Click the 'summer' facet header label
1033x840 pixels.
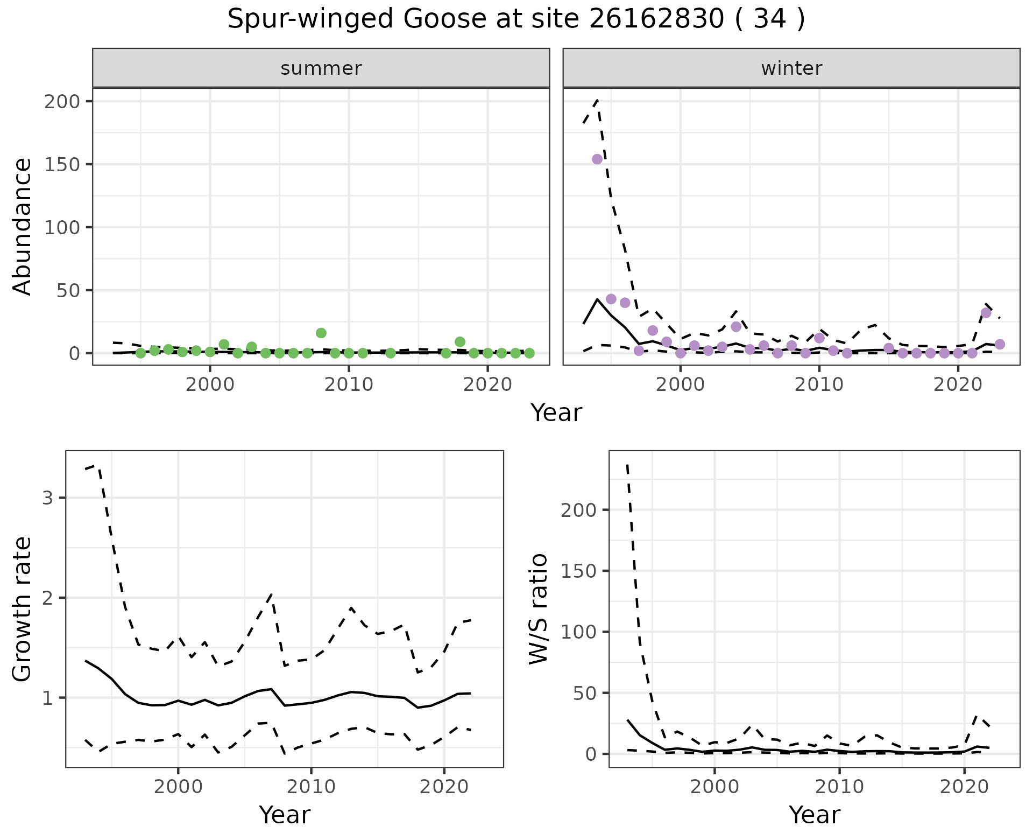pos(321,68)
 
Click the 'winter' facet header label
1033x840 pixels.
pos(791,68)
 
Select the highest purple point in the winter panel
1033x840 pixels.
pos(597,159)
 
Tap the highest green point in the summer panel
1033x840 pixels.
pos(321,333)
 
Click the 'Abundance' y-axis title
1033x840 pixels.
pos(23,227)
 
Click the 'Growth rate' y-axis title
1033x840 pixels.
pos(23,609)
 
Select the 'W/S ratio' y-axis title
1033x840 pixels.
pos(539,609)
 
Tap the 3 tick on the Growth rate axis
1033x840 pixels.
pos(48,498)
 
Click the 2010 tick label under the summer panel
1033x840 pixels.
pos(349,386)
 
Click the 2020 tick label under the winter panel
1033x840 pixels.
pos(958,386)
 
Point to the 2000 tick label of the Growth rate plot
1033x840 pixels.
pos(178,787)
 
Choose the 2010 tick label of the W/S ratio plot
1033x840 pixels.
pos(839,787)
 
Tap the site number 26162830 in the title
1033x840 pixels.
pos(656,19)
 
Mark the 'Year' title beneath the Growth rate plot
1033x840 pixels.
pos(285,815)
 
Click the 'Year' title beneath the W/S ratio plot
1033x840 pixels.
pos(815,815)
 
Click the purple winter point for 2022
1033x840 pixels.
pos(986,313)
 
